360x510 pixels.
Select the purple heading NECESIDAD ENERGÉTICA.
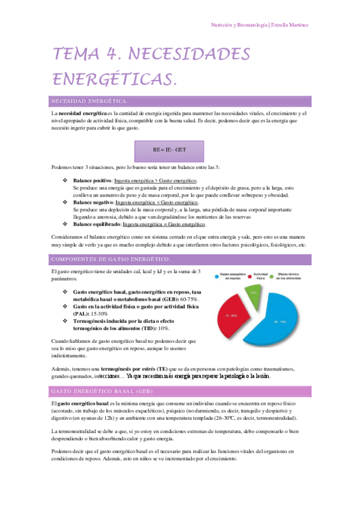(x=90, y=100)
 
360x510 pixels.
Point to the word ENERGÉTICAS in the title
(x=114, y=79)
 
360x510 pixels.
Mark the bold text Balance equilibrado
(x=97, y=224)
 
